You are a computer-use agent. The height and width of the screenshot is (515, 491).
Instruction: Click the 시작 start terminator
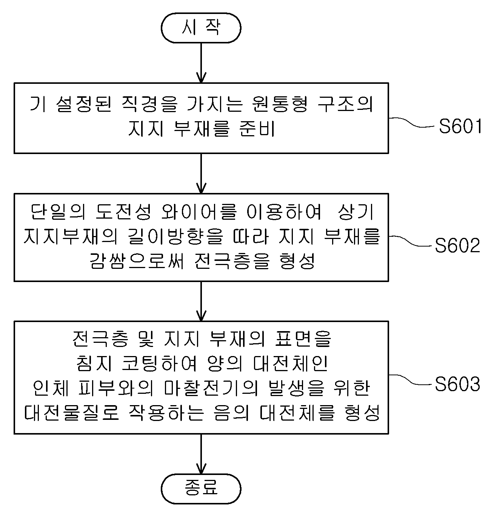(x=201, y=28)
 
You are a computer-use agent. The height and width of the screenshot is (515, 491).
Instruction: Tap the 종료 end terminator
(x=201, y=489)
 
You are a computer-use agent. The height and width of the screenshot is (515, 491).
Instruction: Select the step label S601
(x=460, y=126)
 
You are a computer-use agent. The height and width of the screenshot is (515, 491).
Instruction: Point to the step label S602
(x=457, y=245)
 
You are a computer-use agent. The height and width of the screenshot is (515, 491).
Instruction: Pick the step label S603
(x=457, y=384)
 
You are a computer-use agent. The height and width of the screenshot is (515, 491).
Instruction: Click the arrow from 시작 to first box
(x=201, y=63)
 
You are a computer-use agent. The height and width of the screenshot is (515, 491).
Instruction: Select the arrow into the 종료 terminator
(x=201, y=454)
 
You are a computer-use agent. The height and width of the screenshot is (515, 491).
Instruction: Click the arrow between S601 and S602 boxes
(x=201, y=173)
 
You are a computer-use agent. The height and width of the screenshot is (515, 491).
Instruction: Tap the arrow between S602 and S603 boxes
(x=201, y=301)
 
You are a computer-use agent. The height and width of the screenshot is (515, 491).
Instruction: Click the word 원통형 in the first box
(x=279, y=104)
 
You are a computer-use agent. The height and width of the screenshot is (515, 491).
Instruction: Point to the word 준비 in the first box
(x=257, y=129)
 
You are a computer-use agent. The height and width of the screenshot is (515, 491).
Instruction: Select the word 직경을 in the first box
(x=149, y=104)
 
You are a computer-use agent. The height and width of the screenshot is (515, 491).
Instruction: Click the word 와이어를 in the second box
(x=199, y=212)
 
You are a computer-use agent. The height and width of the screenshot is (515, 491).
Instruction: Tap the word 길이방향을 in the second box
(x=175, y=236)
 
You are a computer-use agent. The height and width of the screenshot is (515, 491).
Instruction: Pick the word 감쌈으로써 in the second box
(x=136, y=261)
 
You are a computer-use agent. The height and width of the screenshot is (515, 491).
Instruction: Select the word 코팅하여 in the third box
(x=159, y=364)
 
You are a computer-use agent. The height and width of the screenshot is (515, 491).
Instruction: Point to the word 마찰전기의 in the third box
(x=211, y=388)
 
